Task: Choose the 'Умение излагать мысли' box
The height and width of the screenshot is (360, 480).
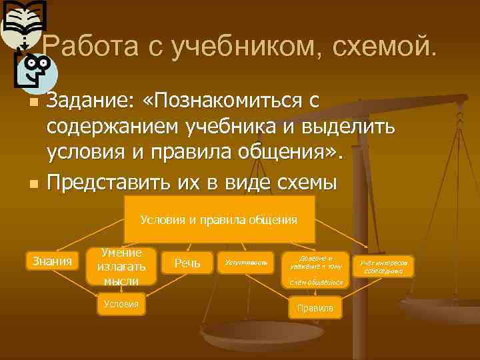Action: [121, 266]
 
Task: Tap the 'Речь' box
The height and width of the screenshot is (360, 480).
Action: [187, 263]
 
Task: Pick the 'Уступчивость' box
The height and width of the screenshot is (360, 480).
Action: [246, 263]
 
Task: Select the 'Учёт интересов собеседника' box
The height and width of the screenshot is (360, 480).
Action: [383, 267]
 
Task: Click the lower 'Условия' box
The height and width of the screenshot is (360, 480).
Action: [121, 304]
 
